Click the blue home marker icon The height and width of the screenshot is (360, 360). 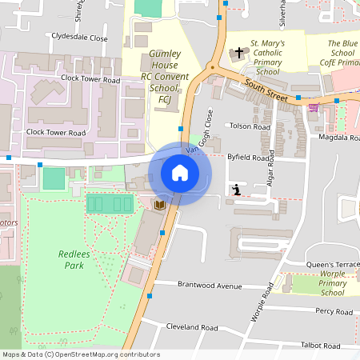[180, 173]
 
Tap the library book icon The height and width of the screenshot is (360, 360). [159, 206]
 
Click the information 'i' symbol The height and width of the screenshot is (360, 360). [237, 190]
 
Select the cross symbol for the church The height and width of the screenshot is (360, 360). [238, 54]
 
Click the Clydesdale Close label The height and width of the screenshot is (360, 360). [79, 37]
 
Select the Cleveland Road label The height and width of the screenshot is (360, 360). [192, 327]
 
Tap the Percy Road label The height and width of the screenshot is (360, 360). [334, 311]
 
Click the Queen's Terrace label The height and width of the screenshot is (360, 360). [332, 265]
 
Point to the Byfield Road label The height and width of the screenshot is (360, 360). [250, 158]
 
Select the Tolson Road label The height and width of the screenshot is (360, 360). [250, 126]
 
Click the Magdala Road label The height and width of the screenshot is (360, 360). [335, 137]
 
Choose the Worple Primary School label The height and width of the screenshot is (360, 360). [332, 283]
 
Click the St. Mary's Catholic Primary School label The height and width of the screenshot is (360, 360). [265, 56]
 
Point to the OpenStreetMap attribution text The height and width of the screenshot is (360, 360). [80, 354]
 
